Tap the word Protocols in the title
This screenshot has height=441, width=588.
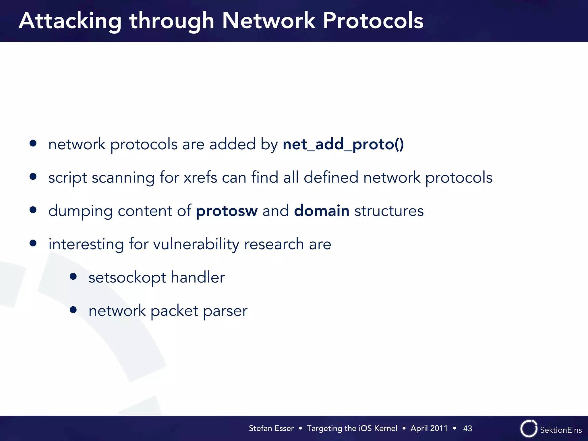coord(373,21)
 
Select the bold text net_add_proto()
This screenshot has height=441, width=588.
coord(343,144)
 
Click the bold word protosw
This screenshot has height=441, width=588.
coord(227,211)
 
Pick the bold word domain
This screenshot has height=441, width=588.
coord(322,211)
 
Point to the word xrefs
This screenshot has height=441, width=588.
coord(200,177)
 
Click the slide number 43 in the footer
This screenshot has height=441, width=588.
coord(467,428)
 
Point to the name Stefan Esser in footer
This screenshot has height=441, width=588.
coord(271,428)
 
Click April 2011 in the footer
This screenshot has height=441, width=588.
coord(429,428)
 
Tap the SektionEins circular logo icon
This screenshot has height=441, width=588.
coord(529,429)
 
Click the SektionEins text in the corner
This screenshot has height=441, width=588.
coord(561,430)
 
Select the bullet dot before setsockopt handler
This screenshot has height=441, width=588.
coord(73,276)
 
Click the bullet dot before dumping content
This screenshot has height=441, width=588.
coord(33,210)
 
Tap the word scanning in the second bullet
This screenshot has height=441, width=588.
coord(123,177)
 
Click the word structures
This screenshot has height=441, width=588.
coord(389,211)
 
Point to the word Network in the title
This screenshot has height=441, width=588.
coord(268,21)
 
